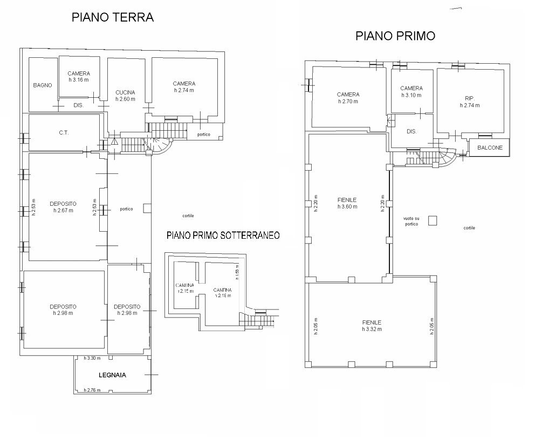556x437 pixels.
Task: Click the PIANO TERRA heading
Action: [x=113, y=17]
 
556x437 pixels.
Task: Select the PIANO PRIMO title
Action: [x=395, y=36]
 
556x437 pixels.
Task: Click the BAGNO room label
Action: [x=42, y=85]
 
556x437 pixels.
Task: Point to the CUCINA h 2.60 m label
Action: [x=125, y=96]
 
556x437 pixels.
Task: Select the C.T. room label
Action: [x=64, y=132]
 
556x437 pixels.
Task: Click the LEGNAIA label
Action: [x=112, y=375]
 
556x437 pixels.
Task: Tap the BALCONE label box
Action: [x=490, y=147]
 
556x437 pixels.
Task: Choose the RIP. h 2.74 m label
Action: [x=469, y=102]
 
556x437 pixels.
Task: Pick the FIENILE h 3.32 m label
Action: [x=373, y=325]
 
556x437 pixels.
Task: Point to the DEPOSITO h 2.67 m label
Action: [x=63, y=207]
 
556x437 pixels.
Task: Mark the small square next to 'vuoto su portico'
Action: [x=432, y=220]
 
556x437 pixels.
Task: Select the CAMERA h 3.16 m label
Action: [x=79, y=77]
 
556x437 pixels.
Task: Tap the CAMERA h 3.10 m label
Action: [x=411, y=91]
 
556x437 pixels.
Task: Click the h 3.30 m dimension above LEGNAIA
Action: [x=93, y=358]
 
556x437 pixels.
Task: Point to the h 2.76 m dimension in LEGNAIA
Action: [x=93, y=389]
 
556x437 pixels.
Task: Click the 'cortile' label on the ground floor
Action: [x=188, y=216]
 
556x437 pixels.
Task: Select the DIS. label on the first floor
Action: [x=411, y=131]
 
